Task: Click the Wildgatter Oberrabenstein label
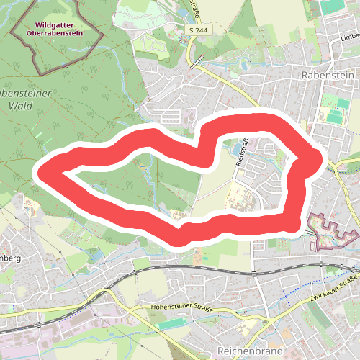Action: click(58, 28)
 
